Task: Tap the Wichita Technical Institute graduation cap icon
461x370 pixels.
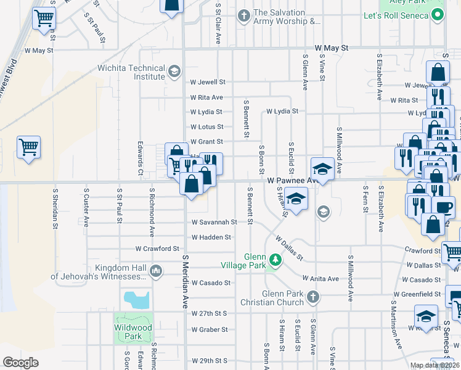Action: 174,73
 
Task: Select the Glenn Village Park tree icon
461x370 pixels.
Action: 275,260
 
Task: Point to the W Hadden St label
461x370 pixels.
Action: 211,237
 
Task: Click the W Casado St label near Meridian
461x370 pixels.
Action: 211,283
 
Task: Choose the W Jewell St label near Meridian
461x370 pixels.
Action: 208,82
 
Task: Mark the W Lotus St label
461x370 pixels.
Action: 206,127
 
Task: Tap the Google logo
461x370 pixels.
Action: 20,363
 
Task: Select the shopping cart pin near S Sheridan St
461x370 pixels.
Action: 28,147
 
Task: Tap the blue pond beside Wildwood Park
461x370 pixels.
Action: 137,300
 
